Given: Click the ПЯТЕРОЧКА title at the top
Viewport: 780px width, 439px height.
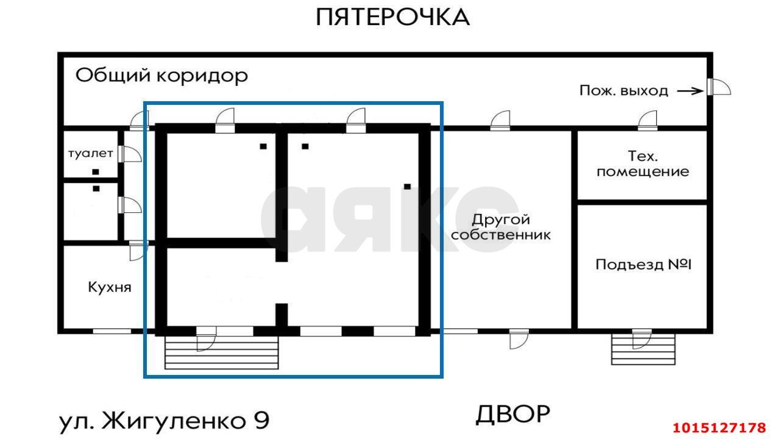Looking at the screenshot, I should coord(392,17).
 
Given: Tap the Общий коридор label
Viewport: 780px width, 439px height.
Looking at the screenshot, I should coord(161,76).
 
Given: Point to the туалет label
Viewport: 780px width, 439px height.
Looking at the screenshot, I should coord(90,153).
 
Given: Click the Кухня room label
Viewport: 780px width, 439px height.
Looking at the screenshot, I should coord(110,287).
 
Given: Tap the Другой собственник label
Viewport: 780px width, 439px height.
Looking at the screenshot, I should coord(501,226).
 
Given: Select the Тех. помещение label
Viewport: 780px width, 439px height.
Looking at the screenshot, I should coord(643,163).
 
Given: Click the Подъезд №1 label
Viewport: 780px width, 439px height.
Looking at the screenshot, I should coord(643,265).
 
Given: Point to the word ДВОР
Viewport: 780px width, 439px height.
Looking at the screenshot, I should coord(512,415).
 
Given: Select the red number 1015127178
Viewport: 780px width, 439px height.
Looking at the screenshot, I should coord(719,427).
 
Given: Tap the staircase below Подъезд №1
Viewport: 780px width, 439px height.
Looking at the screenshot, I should coord(643,350).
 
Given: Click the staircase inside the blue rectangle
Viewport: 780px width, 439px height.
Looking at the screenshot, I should coord(222,354).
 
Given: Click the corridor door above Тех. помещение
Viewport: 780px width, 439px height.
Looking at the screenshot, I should coord(647,121).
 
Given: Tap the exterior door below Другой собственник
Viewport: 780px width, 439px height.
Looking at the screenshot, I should coord(519,339).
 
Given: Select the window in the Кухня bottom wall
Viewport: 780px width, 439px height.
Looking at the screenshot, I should coord(112,331).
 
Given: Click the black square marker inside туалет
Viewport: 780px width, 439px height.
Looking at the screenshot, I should coord(96,172).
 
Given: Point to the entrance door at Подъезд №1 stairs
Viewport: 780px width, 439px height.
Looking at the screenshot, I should coord(640,338).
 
